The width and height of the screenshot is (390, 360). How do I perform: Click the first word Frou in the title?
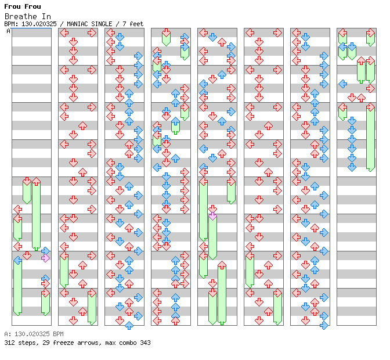[12, 6]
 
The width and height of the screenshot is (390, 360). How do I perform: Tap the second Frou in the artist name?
[33, 6]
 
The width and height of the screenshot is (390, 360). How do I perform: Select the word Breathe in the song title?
[21, 16]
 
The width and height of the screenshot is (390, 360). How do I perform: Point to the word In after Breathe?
[46, 16]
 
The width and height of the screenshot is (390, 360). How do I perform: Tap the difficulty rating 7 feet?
[133, 24]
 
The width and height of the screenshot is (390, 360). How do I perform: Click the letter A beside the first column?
[8, 31]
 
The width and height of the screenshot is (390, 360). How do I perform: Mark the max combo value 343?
[145, 343]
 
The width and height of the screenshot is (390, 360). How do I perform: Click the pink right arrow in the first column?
[45, 258]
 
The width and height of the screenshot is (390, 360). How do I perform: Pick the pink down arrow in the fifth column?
[212, 216]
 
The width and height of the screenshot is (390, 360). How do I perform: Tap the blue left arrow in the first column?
[18, 261]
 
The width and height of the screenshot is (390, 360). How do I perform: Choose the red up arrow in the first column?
[37, 181]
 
